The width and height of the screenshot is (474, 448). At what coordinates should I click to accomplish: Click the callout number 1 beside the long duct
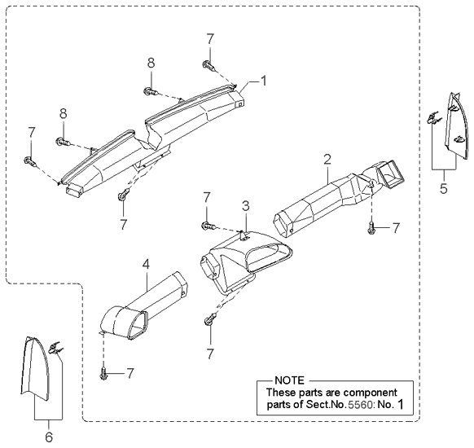[x=264, y=81]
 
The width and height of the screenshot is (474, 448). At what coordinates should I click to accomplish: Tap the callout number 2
[x=327, y=160]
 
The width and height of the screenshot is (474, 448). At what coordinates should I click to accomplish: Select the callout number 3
[x=246, y=206]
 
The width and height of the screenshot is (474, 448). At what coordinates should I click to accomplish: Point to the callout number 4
[x=146, y=265]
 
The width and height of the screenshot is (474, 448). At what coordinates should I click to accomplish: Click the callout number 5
[x=444, y=189]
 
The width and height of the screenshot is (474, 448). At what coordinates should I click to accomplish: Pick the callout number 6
[x=49, y=437]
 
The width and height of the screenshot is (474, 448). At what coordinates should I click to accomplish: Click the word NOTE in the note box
[x=289, y=380]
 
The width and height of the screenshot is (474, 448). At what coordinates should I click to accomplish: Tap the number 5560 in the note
[x=360, y=405]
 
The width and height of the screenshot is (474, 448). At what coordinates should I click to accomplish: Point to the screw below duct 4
[x=103, y=374]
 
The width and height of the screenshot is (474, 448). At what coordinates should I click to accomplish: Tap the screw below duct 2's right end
[x=371, y=227]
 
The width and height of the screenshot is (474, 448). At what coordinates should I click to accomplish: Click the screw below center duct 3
[x=209, y=319]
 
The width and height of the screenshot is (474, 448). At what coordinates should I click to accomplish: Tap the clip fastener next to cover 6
[x=55, y=349]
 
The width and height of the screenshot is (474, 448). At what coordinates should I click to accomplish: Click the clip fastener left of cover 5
[x=433, y=118]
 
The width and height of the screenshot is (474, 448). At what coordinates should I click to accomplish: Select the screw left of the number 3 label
[x=208, y=226]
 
